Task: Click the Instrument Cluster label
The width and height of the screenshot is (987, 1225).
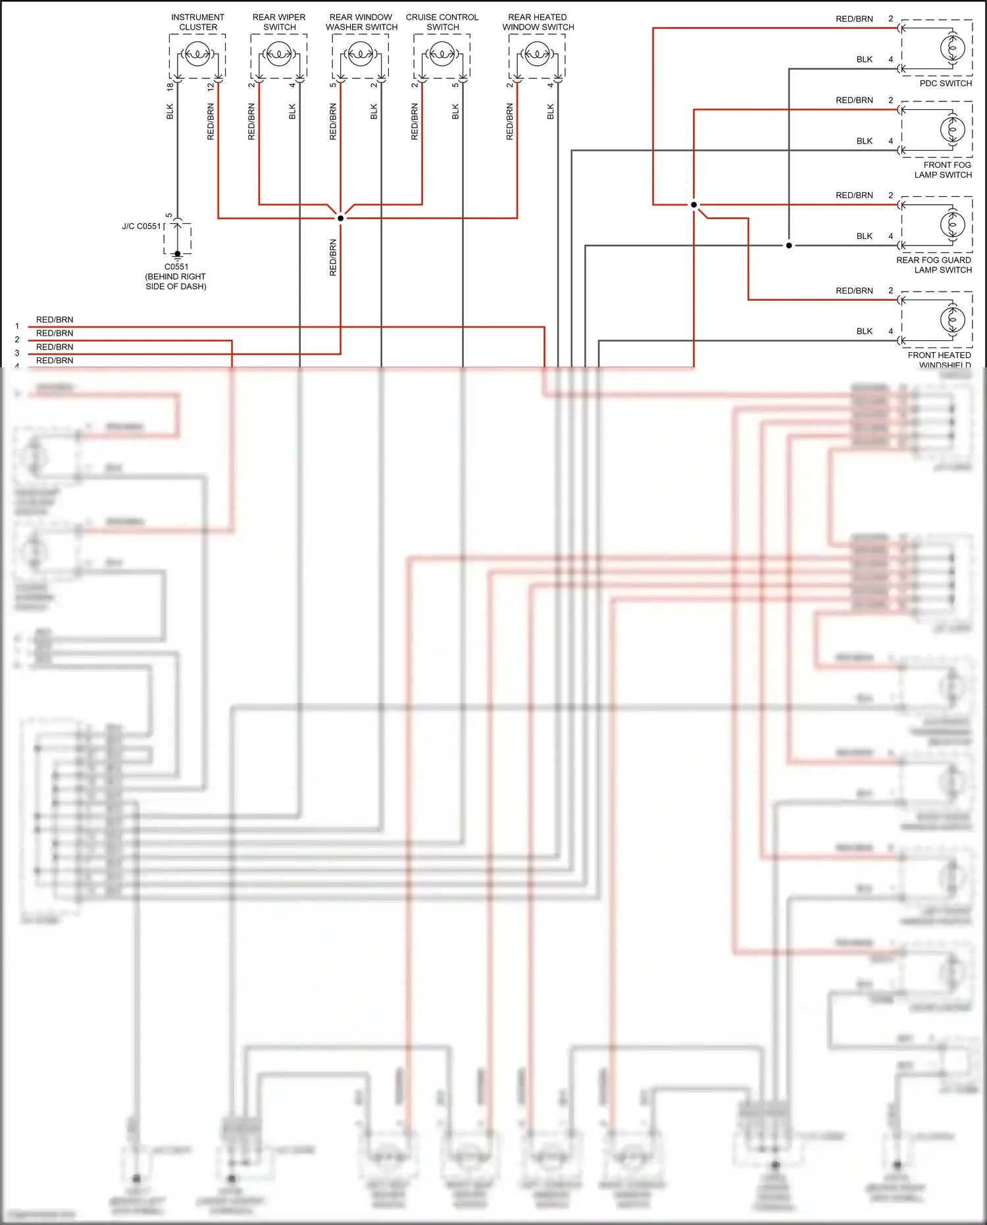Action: pyautogui.click(x=197, y=22)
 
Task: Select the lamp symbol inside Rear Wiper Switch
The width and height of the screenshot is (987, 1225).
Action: pyautogui.click(x=279, y=53)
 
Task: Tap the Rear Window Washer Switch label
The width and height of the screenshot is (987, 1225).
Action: pyautogui.click(x=361, y=22)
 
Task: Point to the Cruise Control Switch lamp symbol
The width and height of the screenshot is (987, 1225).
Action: pyautogui.click(x=442, y=53)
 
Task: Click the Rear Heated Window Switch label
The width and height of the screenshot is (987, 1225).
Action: pyautogui.click(x=538, y=22)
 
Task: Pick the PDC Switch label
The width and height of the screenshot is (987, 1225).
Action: pyautogui.click(x=945, y=84)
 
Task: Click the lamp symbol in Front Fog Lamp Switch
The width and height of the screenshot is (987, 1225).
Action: pyautogui.click(x=952, y=130)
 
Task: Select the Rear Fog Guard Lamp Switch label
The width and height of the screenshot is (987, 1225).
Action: pyautogui.click(x=934, y=265)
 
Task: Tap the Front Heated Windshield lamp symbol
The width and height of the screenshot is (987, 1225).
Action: pyautogui.click(x=952, y=320)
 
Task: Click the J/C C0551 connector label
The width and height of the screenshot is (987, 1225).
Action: pyautogui.click(x=141, y=226)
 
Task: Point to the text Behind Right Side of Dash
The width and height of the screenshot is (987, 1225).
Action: pyautogui.click(x=176, y=282)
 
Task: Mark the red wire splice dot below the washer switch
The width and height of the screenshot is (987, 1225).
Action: pyautogui.click(x=341, y=218)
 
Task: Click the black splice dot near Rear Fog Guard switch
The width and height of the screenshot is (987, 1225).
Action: pyautogui.click(x=789, y=246)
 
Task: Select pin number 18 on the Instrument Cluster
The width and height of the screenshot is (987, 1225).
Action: pyautogui.click(x=170, y=86)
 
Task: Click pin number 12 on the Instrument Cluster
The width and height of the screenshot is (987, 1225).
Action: pyautogui.click(x=211, y=86)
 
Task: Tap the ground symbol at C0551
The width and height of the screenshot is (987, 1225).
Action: pyautogui.click(x=177, y=257)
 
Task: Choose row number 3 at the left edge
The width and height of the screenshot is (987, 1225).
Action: pyautogui.click(x=17, y=353)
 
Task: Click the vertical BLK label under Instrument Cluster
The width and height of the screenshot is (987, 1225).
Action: pyautogui.click(x=170, y=111)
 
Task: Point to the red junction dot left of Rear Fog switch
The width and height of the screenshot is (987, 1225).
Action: pyautogui.click(x=694, y=205)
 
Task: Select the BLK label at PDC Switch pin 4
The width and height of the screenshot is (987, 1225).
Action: pyautogui.click(x=864, y=60)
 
